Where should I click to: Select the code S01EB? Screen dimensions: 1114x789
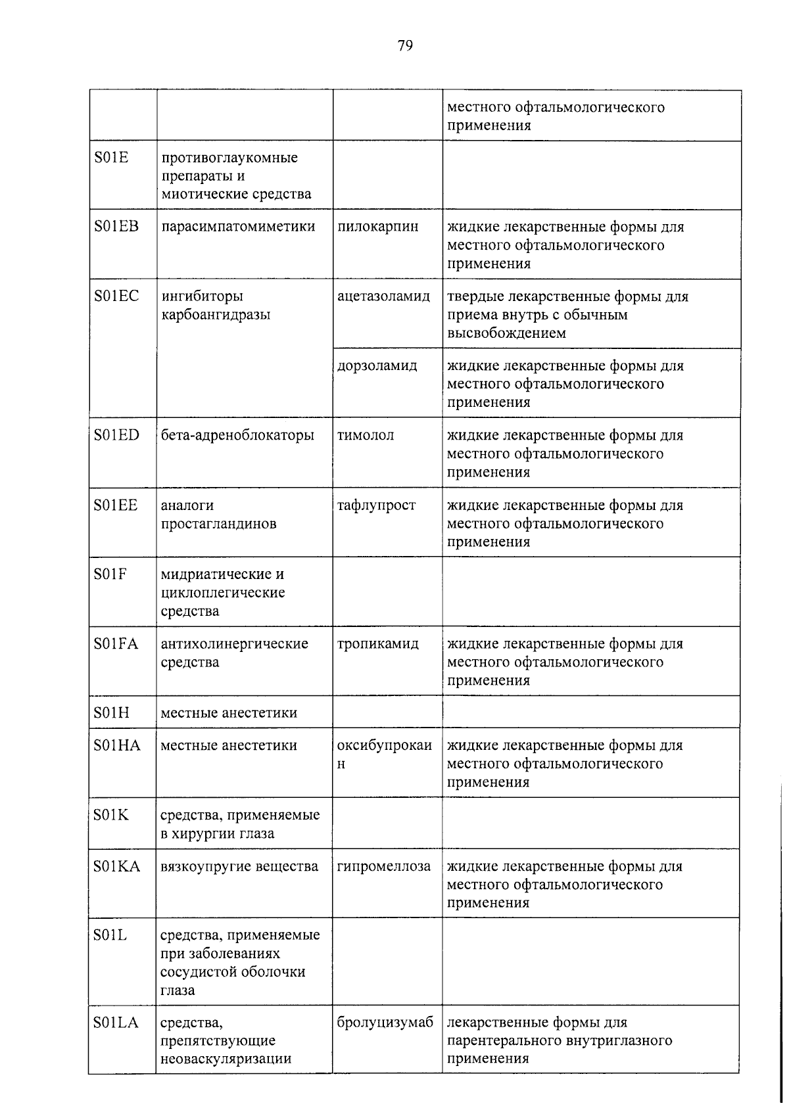(x=116, y=227)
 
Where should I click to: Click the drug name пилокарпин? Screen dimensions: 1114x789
(x=377, y=227)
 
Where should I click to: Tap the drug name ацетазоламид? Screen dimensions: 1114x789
(x=383, y=296)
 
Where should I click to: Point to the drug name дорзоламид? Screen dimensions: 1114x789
(x=377, y=365)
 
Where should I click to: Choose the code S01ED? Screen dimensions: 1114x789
(x=116, y=435)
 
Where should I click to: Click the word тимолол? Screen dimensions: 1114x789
(x=366, y=435)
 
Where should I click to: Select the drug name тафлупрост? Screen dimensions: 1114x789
(x=376, y=505)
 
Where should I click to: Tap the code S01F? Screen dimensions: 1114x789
(x=110, y=574)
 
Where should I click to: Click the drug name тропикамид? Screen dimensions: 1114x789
(x=377, y=644)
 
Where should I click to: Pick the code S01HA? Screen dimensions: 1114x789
(x=117, y=745)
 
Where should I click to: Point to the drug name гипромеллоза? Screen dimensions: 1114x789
(x=384, y=866)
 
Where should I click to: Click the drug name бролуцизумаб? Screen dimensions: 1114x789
(x=385, y=1023)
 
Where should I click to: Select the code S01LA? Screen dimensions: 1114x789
(x=116, y=1023)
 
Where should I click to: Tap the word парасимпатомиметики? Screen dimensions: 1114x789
(x=238, y=227)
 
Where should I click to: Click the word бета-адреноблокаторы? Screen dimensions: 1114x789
(x=237, y=435)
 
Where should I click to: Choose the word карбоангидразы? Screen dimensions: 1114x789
(x=216, y=315)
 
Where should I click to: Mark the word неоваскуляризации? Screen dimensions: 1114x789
(x=226, y=1059)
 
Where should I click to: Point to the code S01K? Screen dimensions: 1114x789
(x=111, y=815)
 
